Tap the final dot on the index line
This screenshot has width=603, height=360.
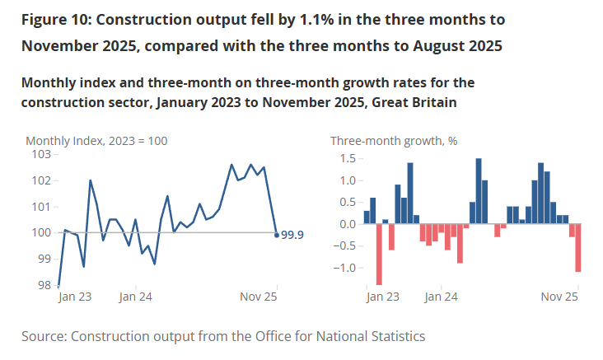(276, 235)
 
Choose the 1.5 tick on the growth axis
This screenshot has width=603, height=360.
(346, 158)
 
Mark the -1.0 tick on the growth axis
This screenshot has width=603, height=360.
(344, 268)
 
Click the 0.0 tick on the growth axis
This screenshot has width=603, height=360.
(346, 224)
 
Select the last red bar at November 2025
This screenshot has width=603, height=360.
(578, 247)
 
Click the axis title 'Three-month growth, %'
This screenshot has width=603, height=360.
(394, 141)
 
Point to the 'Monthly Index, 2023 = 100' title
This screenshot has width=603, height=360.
(96, 141)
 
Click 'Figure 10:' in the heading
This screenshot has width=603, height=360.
(58, 18)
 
